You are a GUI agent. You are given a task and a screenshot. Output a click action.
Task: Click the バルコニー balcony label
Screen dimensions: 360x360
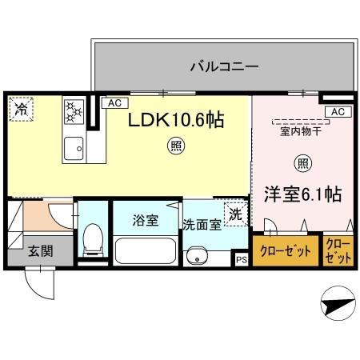click(223, 66)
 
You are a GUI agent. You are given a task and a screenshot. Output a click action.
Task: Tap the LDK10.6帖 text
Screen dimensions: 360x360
click(177, 120)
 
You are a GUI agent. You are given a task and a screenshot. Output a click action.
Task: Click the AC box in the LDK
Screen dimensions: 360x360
click(114, 103)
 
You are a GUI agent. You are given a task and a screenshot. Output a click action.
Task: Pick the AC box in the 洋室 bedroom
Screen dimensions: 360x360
click(337, 111)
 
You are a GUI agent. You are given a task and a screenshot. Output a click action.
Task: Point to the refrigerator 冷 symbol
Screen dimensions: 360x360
click(19, 108)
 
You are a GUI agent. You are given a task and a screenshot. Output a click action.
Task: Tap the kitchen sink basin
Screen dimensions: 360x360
click(74, 146)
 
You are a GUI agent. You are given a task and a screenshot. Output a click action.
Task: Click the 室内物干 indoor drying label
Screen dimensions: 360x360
click(300, 133)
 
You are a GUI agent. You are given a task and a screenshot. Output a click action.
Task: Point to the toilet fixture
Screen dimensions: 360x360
click(92, 238)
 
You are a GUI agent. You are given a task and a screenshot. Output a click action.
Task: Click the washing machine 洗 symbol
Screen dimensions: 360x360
click(234, 214)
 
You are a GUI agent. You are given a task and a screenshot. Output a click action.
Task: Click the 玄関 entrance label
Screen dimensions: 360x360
click(41, 250)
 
